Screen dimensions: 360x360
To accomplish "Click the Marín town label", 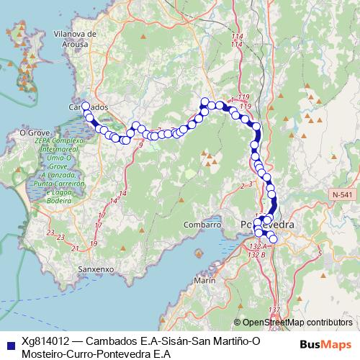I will [205, 279].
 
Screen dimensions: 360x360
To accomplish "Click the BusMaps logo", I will [325, 344].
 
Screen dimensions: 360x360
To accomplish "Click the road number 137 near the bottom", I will [274, 310].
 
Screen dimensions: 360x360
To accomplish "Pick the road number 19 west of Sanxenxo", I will [94, 243].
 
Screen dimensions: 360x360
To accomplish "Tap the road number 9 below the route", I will [140, 145].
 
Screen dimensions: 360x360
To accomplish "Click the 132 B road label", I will [257, 254].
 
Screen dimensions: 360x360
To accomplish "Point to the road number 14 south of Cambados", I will [123, 194].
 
